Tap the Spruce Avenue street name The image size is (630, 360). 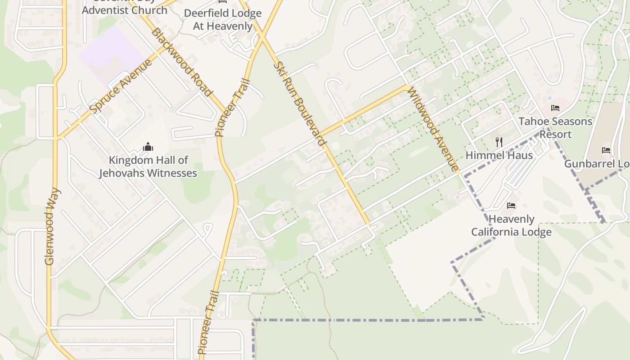(x=121, y=86)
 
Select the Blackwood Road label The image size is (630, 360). (x=181, y=62)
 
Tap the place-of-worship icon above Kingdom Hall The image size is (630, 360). (x=148, y=147)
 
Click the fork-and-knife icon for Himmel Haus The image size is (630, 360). (x=499, y=142)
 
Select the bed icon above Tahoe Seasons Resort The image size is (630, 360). (x=555, y=108)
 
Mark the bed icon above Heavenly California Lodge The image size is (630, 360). (x=511, y=206)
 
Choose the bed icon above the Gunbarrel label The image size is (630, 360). (x=606, y=150)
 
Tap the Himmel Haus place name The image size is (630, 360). (x=499, y=156)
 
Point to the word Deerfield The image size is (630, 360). (x=210, y=13)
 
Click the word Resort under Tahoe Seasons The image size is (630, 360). (x=555, y=135)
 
